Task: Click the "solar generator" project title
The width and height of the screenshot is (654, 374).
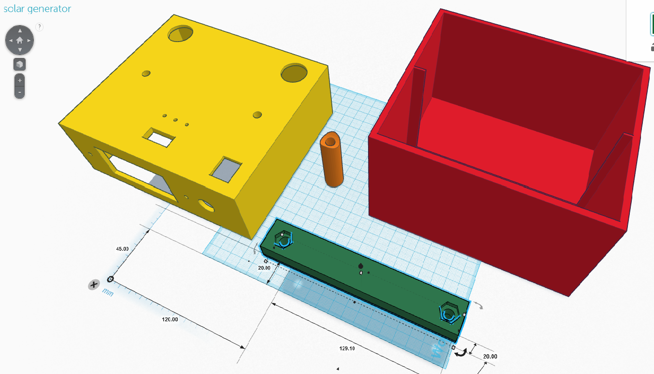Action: pyautogui.click(x=37, y=9)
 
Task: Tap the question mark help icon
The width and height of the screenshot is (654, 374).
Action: pyautogui.click(x=40, y=27)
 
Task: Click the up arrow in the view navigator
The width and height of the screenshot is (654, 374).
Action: pyautogui.click(x=20, y=31)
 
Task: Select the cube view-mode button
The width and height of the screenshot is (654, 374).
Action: pyautogui.click(x=19, y=64)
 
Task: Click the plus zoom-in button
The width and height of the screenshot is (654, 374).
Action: pyautogui.click(x=19, y=81)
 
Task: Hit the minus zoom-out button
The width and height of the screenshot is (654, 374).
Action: pyautogui.click(x=19, y=92)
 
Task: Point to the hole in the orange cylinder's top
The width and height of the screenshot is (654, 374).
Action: pyautogui.click(x=330, y=142)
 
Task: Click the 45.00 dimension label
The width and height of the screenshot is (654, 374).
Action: pyautogui.click(x=122, y=249)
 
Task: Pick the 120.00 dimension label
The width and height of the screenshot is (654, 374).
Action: pyautogui.click(x=170, y=319)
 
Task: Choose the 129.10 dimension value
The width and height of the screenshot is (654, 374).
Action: pyautogui.click(x=347, y=348)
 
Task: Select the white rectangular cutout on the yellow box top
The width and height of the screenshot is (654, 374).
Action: pyautogui.click(x=159, y=137)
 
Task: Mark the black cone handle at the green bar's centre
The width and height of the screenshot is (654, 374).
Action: pyautogui.click(x=360, y=266)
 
